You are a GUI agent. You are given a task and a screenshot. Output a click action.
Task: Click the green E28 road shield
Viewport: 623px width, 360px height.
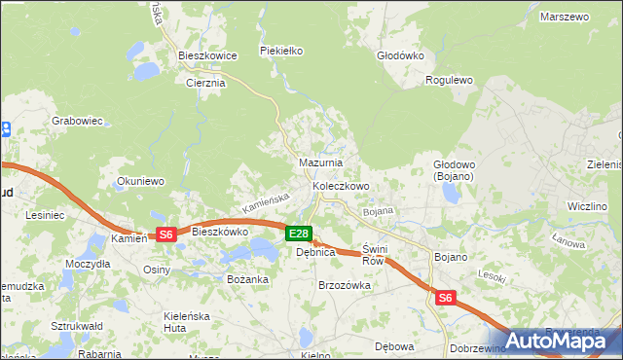click(x=299, y=234)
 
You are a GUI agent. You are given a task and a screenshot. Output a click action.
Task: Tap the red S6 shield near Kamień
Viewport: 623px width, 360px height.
click(x=165, y=234)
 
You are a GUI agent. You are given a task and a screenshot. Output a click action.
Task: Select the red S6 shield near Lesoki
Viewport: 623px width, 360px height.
click(x=445, y=299)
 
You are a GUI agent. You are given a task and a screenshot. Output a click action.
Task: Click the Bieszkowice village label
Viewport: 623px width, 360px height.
click(x=208, y=55)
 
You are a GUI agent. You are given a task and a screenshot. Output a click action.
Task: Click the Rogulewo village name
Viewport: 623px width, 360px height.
click(x=449, y=81)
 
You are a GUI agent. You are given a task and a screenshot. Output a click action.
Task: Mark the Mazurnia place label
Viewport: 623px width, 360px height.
click(x=319, y=162)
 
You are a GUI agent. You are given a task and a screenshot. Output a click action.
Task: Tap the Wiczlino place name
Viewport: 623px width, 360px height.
click(x=587, y=206)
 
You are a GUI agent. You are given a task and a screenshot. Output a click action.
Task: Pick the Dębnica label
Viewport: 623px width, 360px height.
click(x=315, y=252)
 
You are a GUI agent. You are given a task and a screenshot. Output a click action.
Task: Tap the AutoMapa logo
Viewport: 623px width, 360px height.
click(x=555, y=340)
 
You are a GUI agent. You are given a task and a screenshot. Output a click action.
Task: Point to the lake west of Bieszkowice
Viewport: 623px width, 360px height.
click(x=147, y=71)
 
